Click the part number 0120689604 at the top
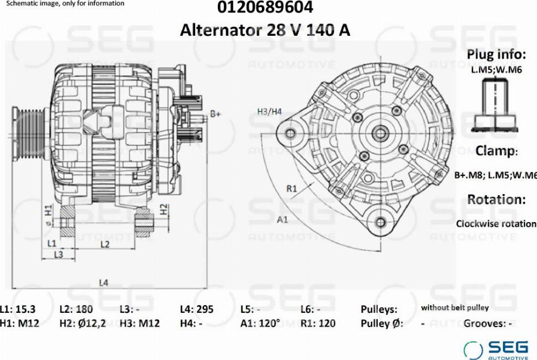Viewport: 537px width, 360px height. [x=265, y=7]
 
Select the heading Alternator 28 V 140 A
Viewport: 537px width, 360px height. [x=265, y=30]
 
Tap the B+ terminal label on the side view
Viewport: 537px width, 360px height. [x=215, y=113]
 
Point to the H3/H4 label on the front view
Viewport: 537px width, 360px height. [x=270, y=111]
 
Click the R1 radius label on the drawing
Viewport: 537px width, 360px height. [x=291, y=189]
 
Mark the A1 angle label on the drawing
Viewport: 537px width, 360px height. [x=282, y=219]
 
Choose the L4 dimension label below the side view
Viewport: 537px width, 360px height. [x=103, y=282]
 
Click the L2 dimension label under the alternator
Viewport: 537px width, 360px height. [x=105, y=244]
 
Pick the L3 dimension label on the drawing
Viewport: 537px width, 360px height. [x=58, y=254]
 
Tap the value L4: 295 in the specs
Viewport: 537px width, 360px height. [x=196, y=309]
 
